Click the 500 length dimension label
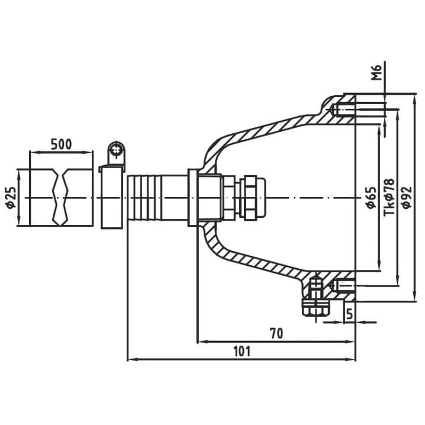61,144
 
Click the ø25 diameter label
11,198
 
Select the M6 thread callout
376,73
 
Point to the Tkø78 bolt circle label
389,197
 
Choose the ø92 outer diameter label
407,198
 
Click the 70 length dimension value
276,333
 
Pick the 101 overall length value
242,351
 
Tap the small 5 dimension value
350,314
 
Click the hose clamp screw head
116,150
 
